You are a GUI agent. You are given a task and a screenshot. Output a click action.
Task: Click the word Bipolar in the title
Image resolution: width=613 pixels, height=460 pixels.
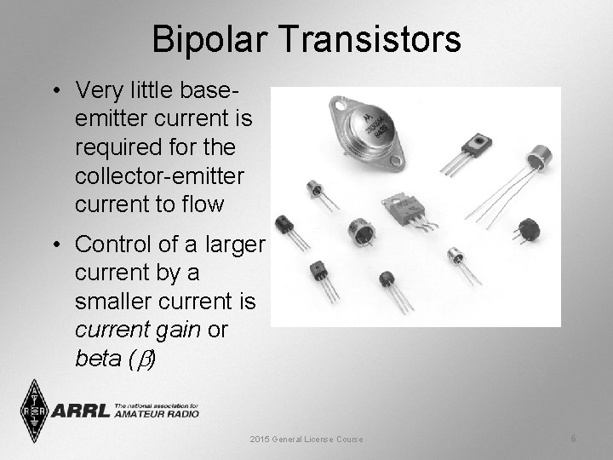coord(209,39)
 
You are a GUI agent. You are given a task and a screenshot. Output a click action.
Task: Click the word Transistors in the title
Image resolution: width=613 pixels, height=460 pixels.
coord(364,39)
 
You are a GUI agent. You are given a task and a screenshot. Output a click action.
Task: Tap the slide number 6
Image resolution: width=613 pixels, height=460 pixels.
coord(574,439)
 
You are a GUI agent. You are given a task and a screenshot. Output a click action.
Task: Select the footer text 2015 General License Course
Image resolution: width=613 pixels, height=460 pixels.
coord(306,440)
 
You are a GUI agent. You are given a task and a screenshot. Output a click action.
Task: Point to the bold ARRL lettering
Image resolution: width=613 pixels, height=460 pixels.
coord(81,411)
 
